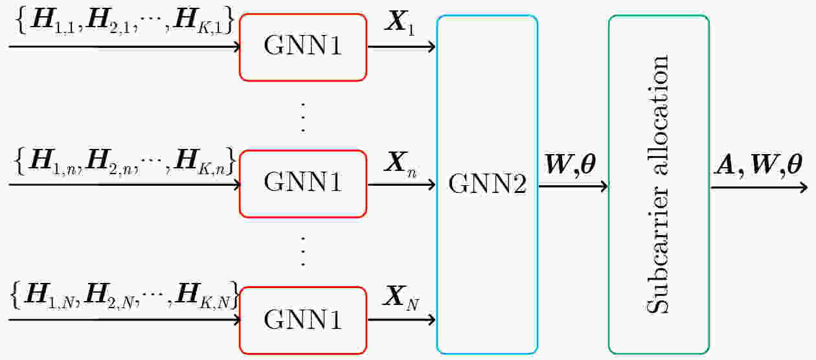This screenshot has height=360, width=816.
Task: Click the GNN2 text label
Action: coord(487,183)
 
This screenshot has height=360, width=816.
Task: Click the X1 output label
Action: coord(400,23)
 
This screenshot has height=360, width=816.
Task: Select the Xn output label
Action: coord(400,164)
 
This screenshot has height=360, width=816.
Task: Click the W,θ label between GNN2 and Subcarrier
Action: coord(571,166)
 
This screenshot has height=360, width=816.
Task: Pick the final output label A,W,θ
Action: coord(758,166)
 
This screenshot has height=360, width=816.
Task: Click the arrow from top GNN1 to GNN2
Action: coord(402,47)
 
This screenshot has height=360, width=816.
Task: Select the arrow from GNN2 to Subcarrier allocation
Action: coord(573,186)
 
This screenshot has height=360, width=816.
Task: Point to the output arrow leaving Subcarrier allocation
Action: coord(759,188)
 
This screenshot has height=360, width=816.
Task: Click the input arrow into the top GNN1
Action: coord(124,47)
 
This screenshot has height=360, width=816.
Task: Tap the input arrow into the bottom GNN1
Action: coord(124,320)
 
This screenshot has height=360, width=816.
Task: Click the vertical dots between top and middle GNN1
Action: coord(303,118)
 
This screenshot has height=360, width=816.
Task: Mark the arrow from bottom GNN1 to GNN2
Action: coord(402,320)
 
